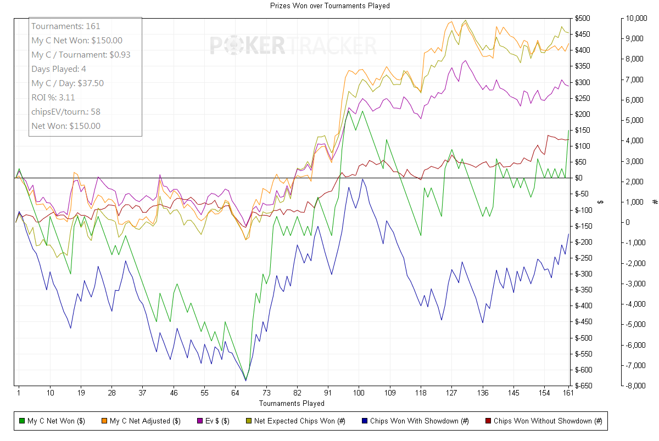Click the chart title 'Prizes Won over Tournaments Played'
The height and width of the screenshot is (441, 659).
tap(329, 5)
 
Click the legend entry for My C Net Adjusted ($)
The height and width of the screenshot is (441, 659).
tap(145, 421)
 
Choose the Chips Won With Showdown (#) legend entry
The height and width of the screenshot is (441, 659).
tap(415, 421)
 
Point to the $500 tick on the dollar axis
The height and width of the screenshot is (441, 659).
tap(583, 18)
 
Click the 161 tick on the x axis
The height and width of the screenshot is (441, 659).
tap(568, 393)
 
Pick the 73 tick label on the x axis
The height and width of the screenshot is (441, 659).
tap(266, 393)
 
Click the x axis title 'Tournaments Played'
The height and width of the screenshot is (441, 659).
tap(291, 403)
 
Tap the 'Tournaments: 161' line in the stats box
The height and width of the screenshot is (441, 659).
tap(66, 26)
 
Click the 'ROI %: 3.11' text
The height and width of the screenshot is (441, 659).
tap(53, 97)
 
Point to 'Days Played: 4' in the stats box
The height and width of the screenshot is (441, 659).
tap(59, 69)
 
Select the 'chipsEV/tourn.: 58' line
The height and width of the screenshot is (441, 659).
tap(66, 111)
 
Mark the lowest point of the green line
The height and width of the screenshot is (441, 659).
tap(245, 380)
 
